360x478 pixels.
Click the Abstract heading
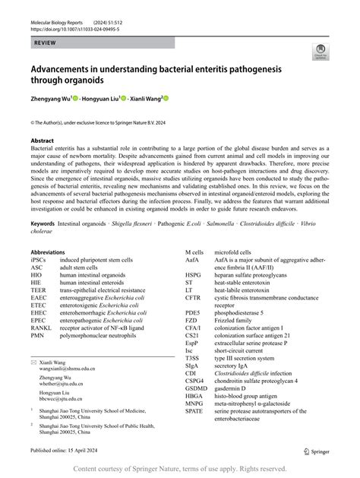(43, 141)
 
